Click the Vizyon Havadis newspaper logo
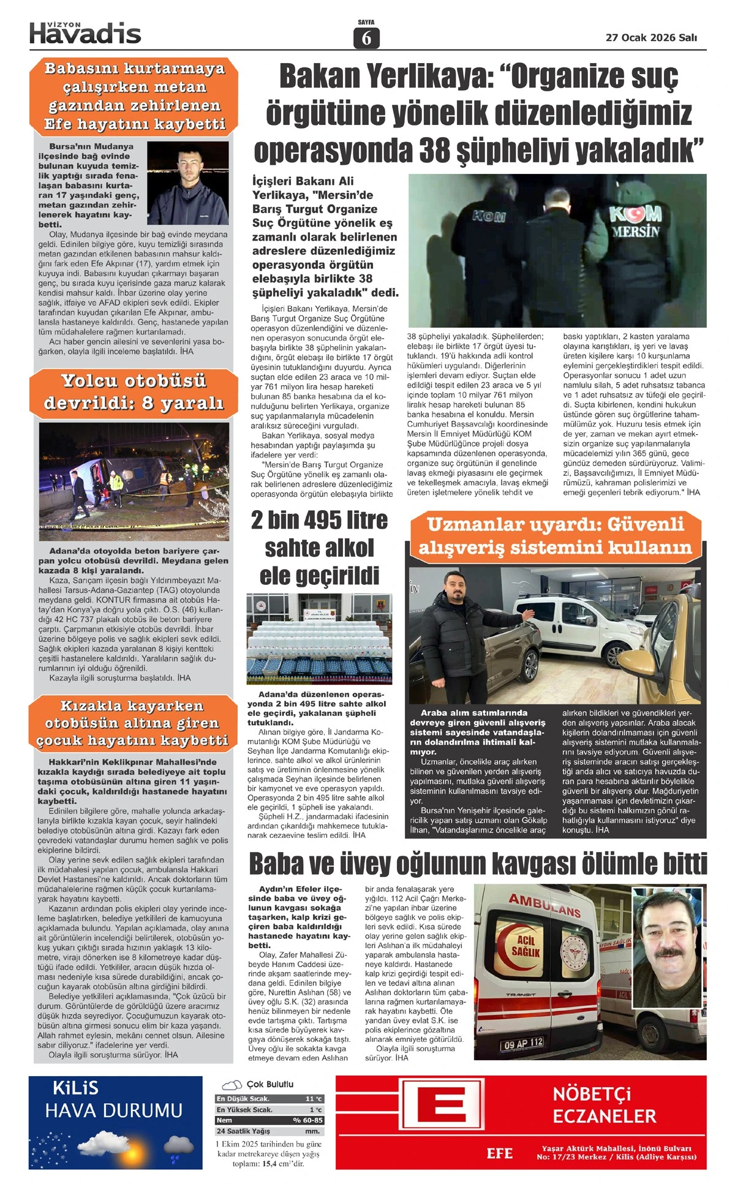pyautogui.click(x=85, y=33)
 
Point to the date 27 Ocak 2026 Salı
pyautogui.click(x=651, y=37)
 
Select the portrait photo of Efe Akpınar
pyautogui.click(x=188, y=183)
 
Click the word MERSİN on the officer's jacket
pyautogui.click(x=636, y=232)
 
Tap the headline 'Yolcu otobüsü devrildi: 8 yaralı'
pyautogui.click(x=134, y=391)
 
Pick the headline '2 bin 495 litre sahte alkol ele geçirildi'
pyautogui.click(x=319, y=548)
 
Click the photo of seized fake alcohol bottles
pyautogui.click(x=319, y=639)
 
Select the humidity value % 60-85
pyautogui.click(x=308, y=1120)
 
